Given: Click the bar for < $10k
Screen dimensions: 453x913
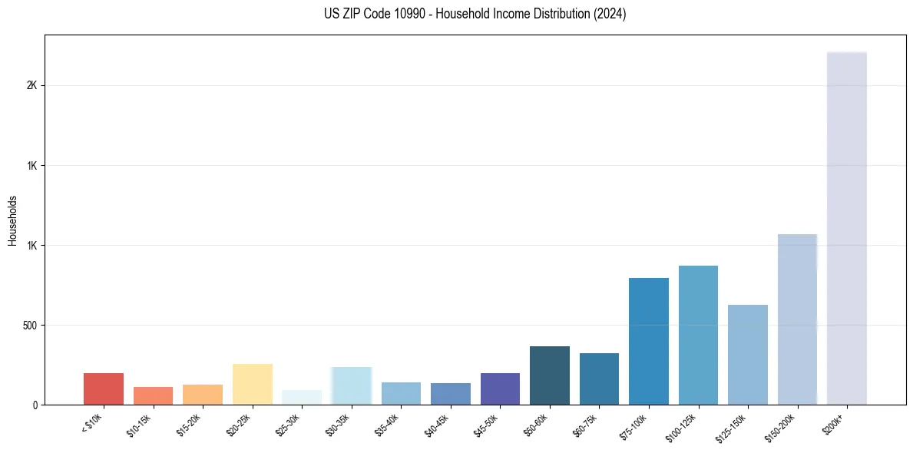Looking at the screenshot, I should click(x=104, y=389).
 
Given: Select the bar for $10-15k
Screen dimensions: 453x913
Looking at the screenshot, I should click(x=153, y=396).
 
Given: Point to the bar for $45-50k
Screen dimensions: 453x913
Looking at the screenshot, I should click(x=500, y=389).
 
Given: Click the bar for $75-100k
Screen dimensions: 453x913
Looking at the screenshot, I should click(x=649, y=342).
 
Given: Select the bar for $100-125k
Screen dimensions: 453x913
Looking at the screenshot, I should click(x=698, y=336).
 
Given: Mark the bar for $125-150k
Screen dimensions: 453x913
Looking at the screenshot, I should click(x=748, y=355).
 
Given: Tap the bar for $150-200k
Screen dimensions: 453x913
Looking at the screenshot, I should click(x=797, y=319).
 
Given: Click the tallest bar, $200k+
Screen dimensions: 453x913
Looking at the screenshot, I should click(x=847, y=229).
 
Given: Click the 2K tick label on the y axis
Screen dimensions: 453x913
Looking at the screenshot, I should click(x=32, y=86).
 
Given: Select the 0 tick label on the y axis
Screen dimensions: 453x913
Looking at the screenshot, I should click(x=35, y=405).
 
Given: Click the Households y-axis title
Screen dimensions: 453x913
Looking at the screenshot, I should click(x=12, y=220).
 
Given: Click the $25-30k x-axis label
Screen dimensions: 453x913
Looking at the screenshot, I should click(x=288, y=425).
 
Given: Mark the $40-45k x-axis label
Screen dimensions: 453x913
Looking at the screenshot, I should click(x=437, y=425).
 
